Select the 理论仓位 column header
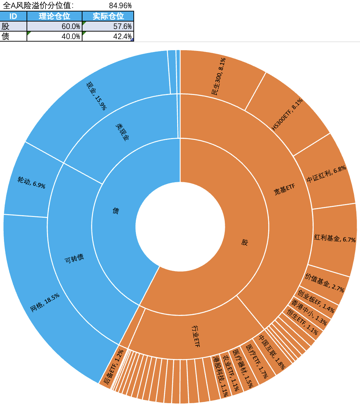point(54,16)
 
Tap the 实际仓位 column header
point(108,16)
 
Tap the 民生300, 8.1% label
point(218,77)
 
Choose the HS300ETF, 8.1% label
point(287,114)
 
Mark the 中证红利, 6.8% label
point(326,175)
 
